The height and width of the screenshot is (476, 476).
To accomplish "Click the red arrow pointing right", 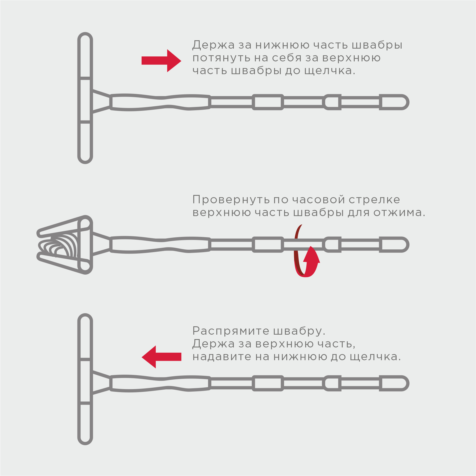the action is (161, 61).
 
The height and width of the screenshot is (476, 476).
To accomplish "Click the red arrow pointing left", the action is (161, 357).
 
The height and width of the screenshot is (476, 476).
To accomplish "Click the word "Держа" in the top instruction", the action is (214, 45).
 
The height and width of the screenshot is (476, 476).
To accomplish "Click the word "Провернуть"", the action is (231, 200).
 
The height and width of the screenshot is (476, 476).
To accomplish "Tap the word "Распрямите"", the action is (230, 331).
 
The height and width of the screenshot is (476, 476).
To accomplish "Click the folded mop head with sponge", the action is (65, 245).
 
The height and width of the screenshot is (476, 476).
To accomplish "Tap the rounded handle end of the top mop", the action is (394, 102).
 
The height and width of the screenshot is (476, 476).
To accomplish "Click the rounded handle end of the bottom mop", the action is (394, 383).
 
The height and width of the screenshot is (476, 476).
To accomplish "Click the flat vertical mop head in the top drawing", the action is (85, 98).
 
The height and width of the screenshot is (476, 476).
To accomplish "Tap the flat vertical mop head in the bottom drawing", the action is (85, 379).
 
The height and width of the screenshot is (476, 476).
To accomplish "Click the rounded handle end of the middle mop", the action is (394, 245).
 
